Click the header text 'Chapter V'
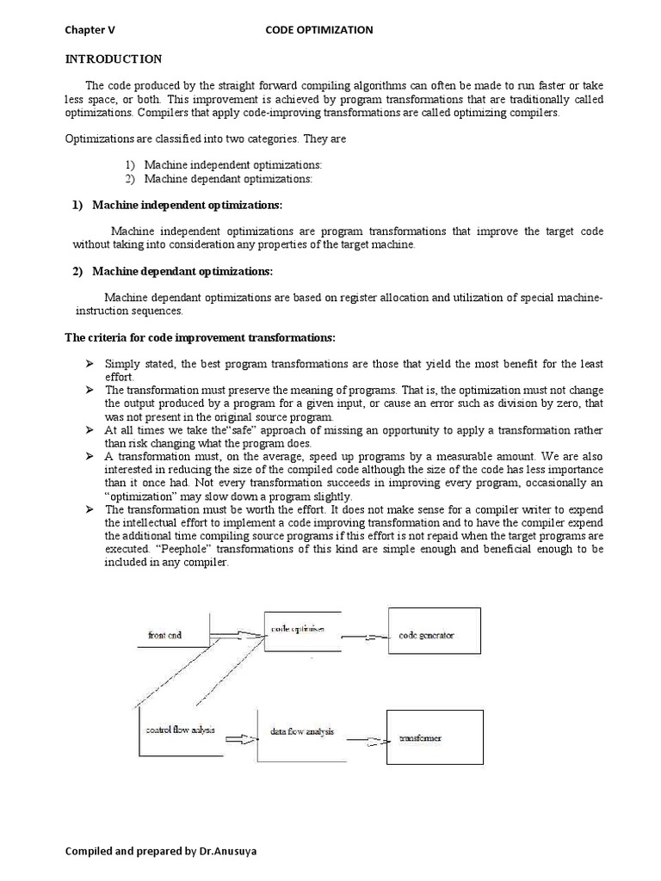coord(90,29)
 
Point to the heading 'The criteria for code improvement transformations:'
coord(201,336)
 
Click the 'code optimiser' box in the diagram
coord(298,633)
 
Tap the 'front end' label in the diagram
coord(165,636)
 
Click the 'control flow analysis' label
coord(180,730)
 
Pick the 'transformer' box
coord(428,738)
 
